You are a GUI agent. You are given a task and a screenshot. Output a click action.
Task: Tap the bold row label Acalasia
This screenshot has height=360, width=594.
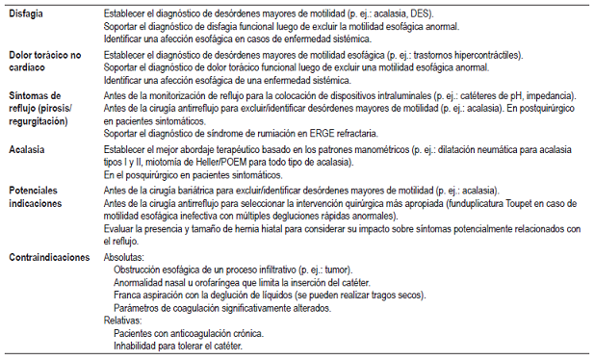(28, 151)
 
